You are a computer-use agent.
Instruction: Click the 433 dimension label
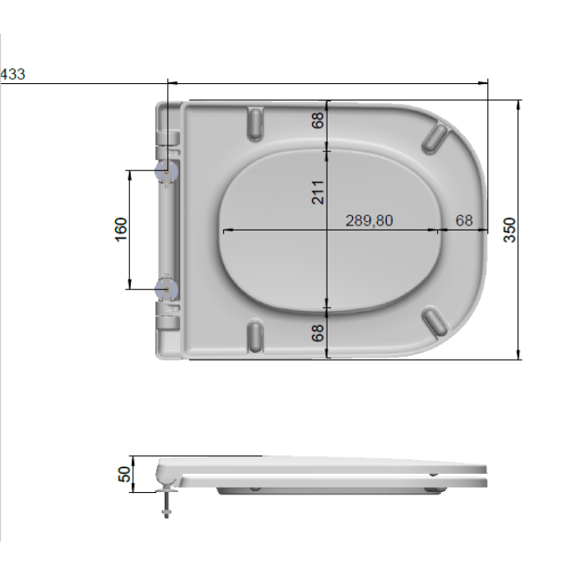[x=13, y=74]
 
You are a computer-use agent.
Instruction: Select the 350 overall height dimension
[x=510, y=230]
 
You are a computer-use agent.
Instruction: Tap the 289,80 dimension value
[x=369, y=221]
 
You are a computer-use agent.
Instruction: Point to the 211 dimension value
[x=318, y=192]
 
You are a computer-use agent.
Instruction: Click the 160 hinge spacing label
[x=121, y=230]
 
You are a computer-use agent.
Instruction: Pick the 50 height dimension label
[x=124, y=474]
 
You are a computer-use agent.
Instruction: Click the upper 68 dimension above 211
[x=318, y=120]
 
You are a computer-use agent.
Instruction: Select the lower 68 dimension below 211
[x=318, y=332]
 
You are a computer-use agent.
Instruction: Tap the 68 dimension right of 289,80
[x=464, y=221]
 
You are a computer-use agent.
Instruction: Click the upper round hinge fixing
[x=166, y=171]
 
